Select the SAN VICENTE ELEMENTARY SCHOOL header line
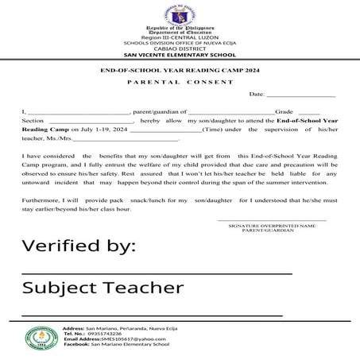(179, 56)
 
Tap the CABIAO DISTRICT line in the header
(179, 49)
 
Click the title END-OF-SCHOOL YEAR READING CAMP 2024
(179, 71)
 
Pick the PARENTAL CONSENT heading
(179, 82)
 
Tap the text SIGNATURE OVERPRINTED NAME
(271, 226)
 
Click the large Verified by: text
(78, 246)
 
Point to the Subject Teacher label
(103, 287)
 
